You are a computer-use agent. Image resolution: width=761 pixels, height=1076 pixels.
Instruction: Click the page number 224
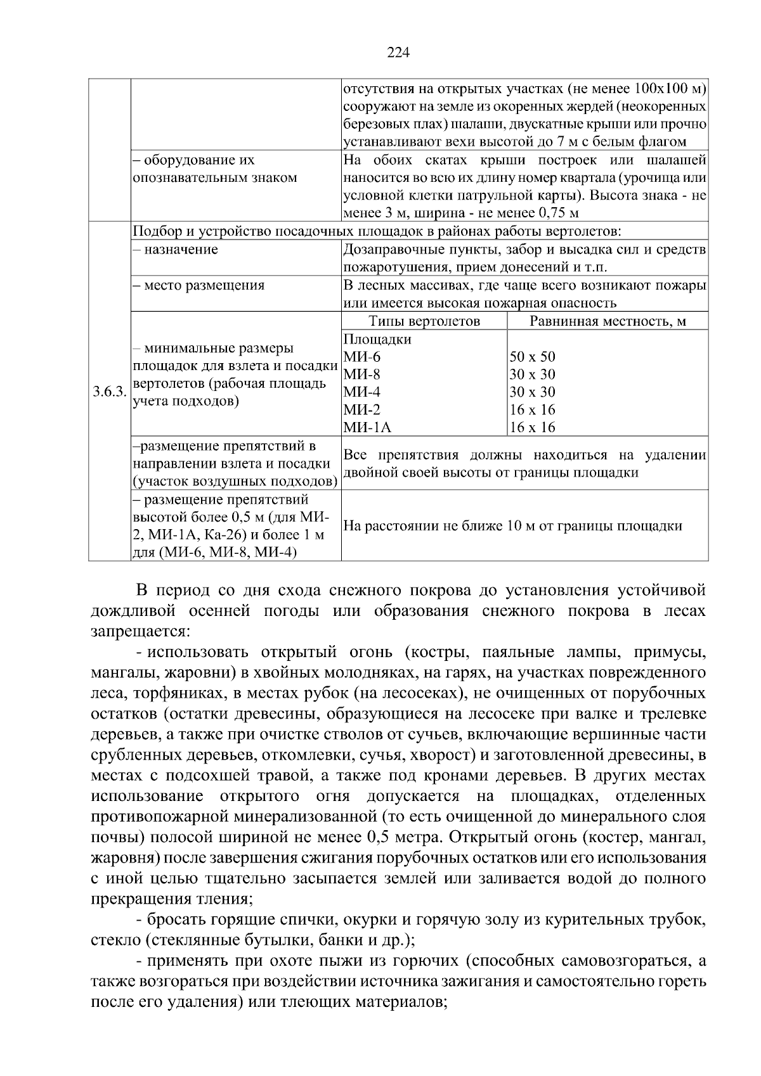click(399, 53)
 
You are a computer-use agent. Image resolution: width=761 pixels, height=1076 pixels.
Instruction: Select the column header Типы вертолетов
click(424, 321)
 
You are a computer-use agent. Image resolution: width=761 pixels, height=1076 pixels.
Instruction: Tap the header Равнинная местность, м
click(608, 321)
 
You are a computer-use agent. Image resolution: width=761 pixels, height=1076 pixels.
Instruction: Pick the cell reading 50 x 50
click(533, 357)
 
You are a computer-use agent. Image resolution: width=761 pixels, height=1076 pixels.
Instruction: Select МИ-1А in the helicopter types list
click(367, 428)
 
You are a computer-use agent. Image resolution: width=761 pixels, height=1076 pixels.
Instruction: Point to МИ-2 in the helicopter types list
click(362, 410)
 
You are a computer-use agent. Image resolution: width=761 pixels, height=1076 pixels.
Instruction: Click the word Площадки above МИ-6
click(377, 339)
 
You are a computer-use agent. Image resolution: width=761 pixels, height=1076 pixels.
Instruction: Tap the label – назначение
click(176, 250)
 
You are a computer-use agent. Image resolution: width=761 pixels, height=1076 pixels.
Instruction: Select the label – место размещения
click(198, 285)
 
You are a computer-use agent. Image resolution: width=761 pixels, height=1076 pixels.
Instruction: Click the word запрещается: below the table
click(140, 632)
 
